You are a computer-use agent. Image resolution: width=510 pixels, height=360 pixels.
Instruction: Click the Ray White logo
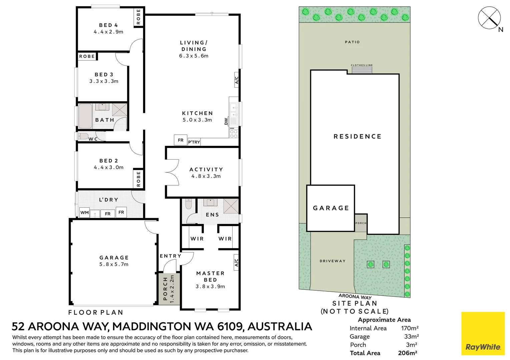(x=483, y=333)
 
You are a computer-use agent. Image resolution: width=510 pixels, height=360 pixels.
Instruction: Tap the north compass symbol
(x=489, y=18)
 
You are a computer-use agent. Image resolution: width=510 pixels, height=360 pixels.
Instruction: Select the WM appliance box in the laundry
(x=84, y=213)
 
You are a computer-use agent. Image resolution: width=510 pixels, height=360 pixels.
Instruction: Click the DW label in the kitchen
(x=226, y=121)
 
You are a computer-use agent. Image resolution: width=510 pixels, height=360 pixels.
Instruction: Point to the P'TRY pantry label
(x=194, y=142)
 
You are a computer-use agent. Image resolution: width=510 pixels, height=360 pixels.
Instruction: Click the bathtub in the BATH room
(x=85, y=116)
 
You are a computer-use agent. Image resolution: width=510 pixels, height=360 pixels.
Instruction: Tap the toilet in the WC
(x=83, y=136)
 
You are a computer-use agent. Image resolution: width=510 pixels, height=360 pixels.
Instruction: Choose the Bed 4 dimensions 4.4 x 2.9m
(x=108, y=32)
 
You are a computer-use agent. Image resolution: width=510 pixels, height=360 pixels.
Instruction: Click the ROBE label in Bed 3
(x=87, y=56)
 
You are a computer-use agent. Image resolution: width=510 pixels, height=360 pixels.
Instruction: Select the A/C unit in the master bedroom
(x=236, y=262)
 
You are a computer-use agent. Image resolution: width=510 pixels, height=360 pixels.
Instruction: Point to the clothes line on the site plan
(x=362, y=68)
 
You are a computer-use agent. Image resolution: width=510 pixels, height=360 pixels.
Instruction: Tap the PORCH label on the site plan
(x=361, y=223)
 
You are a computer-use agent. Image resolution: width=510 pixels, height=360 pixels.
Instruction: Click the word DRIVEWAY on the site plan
(x=333, y=261)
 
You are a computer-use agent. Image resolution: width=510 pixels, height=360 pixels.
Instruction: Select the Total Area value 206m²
(x=408, y=353)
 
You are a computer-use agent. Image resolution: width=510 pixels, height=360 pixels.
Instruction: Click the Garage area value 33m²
(x=411, y=336)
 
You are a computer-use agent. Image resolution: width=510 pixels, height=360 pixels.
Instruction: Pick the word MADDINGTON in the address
(x=151, y=326)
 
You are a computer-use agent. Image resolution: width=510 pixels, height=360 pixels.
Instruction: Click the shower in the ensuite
(x=231, y=206)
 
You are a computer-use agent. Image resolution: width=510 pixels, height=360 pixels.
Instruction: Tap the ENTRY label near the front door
(x=170, y=256)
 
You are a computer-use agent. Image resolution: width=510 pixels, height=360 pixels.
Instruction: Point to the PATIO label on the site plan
(x=352, y=42)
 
